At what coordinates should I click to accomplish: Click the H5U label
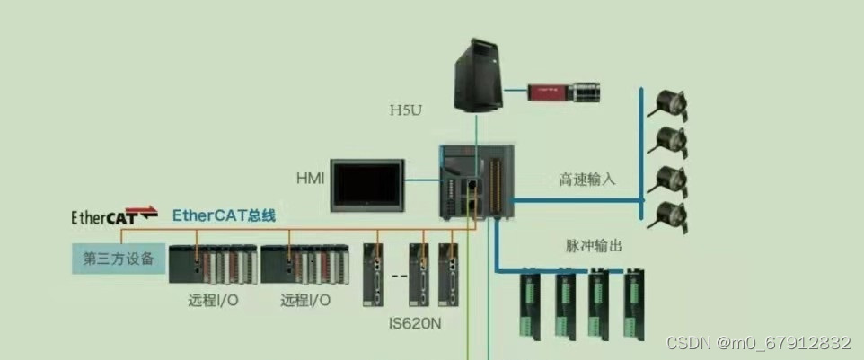(405, 110)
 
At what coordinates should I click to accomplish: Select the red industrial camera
(564, 91)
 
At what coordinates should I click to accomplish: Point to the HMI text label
(310, 177)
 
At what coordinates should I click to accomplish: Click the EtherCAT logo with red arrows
(114, 216)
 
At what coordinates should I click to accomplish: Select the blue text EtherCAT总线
(224, 215)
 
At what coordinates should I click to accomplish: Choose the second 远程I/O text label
(305, 300)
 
